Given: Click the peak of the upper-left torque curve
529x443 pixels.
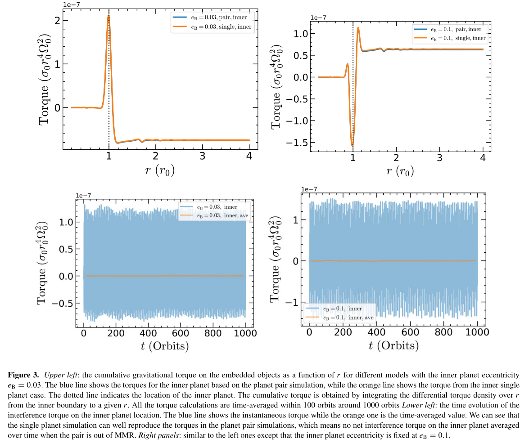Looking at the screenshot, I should coord(109,15).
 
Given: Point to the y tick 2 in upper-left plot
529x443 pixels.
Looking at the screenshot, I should coord(56,21).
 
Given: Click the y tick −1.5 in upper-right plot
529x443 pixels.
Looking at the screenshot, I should coord(297,143).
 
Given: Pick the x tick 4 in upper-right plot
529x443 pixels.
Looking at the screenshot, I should coord(483,159).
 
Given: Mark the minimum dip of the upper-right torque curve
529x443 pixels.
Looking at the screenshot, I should coord(352,145).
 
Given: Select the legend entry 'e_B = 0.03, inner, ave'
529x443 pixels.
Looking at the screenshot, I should coord(219,215).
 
